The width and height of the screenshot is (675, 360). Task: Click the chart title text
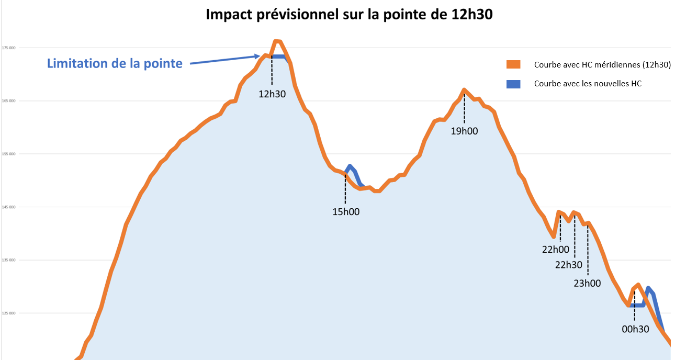(349, 15)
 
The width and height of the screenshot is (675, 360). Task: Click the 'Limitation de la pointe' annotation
(115, 64)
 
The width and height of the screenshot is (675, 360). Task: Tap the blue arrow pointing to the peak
(225, 60)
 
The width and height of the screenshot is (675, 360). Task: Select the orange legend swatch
(513, 65)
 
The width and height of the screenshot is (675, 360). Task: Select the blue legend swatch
(513, 83)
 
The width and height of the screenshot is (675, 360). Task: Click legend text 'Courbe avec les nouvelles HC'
(588, 83)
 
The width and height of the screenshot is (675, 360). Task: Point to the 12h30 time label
(273, 95)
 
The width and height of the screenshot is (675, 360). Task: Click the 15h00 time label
(346, 212)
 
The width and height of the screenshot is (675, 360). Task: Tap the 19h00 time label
(464, 131)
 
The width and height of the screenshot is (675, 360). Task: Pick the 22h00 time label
(555, 250)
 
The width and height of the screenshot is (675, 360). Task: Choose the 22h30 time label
(569, 265)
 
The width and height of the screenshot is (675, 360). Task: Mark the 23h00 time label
(587, 283)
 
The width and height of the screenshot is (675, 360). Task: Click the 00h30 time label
(635, 329)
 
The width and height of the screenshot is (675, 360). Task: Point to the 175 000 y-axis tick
(8, 48)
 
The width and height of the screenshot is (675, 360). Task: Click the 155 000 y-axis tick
(8, 154)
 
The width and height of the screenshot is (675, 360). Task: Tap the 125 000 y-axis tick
(8, 313)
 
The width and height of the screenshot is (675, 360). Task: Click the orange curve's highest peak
(277, 41)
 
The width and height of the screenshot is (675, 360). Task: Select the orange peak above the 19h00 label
(464, 90)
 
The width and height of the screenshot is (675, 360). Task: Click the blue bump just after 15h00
(350, 166)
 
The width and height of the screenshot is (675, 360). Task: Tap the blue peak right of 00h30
(648, 288)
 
